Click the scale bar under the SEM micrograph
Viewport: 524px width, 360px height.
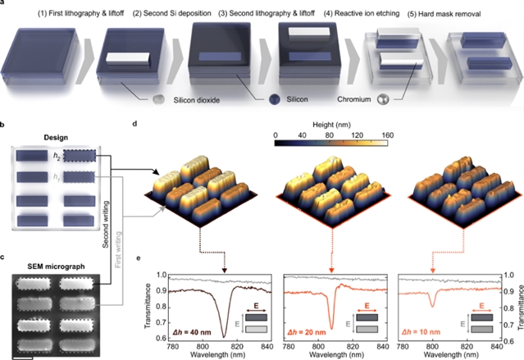pos(23,357)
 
